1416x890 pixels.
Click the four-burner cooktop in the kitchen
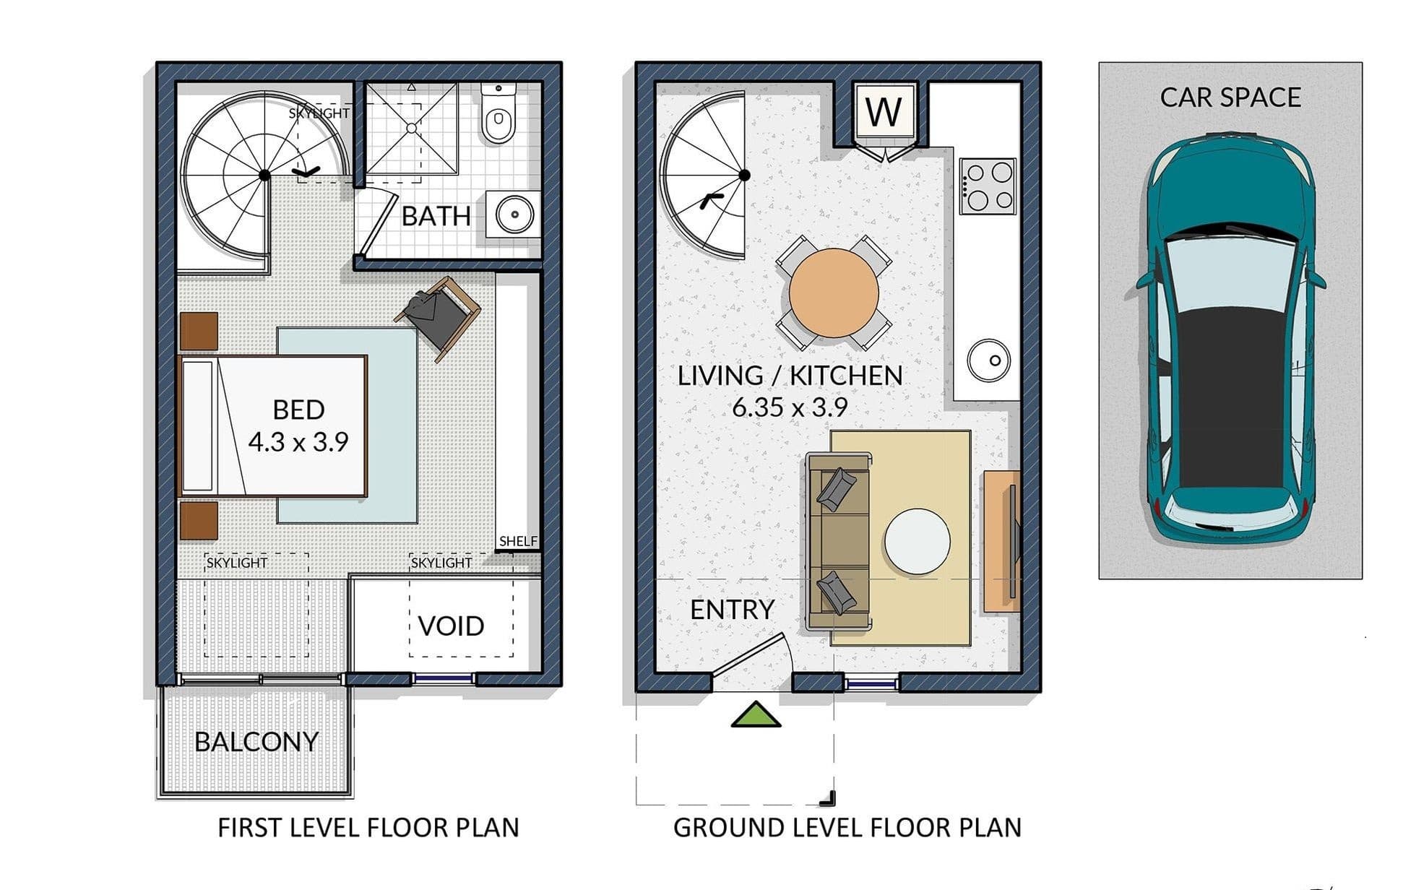pos(988,186)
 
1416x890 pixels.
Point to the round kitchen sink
pos(988,360)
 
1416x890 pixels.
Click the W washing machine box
pos(884,113)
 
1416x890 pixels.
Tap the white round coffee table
pos(917,542)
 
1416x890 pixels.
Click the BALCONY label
pos(256,742)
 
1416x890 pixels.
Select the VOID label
pos(452,626)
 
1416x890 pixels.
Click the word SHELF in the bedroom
pos(518,541)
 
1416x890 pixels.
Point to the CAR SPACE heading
pos(1230,98)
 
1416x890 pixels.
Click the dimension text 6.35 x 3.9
pos(790,407)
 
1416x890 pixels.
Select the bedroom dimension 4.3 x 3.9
pos(298,441)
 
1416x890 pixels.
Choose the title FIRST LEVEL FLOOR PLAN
pos(368,828)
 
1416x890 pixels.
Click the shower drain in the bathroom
pos(411,128)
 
